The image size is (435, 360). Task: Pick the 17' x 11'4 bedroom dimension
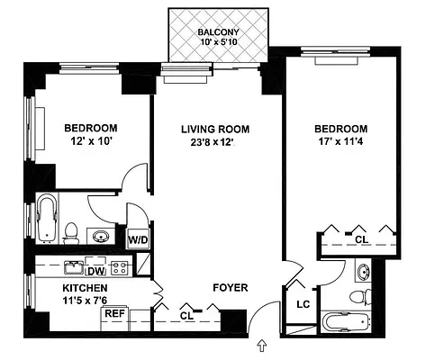341,142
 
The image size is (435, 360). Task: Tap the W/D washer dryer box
137,240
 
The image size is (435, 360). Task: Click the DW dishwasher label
95,270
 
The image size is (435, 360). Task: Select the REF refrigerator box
114,313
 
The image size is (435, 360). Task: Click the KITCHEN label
85,288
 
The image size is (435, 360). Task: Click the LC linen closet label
303,304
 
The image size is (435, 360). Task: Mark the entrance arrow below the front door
262,345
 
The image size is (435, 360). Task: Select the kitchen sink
72,268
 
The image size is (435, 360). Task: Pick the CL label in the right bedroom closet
360,239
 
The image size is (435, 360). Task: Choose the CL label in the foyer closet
186,315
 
